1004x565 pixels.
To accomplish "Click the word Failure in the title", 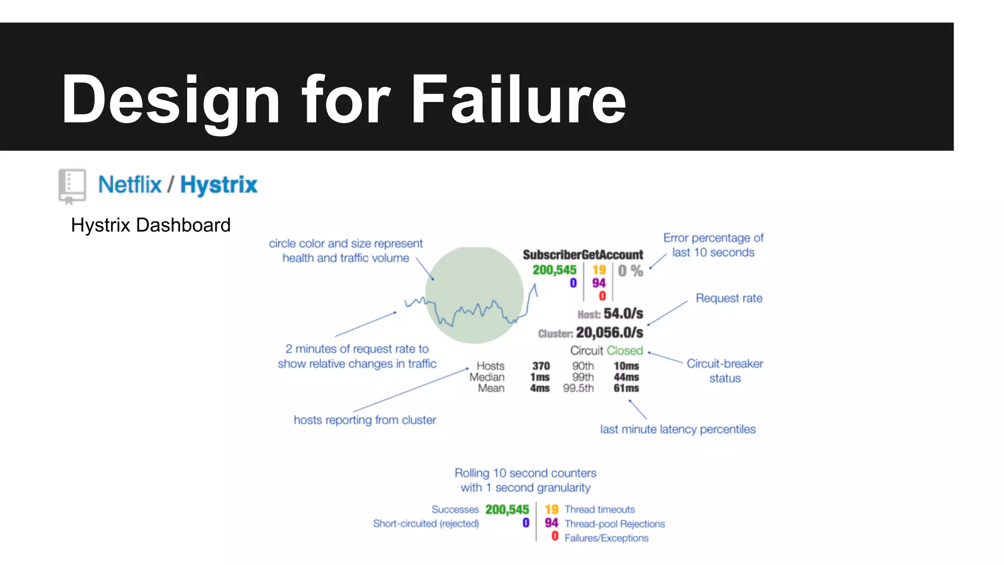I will tap(518, 100).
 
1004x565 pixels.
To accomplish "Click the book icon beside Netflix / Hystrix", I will tap(72, 186).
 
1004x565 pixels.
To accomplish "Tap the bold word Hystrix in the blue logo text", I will tap(219, 185).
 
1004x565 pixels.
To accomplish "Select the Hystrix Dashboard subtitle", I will tap(151, 225).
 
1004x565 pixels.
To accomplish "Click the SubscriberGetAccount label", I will tap(582, 255).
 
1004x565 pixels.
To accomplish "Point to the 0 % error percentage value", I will tap(630, 271).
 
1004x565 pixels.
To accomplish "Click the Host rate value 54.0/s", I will tap(623, 313).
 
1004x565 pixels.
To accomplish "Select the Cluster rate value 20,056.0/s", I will tap(609, 333).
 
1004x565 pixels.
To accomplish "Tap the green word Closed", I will tap(624, 351).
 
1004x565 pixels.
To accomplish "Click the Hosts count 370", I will tap(541, 366).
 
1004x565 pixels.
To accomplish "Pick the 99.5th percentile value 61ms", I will tap(626, 388).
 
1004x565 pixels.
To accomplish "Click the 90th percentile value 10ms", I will tap(626, 366).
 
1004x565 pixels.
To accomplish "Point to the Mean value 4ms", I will tap(539, 388).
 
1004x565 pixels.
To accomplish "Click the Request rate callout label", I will tap(729, 298).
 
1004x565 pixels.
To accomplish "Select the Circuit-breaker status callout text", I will tap(725, 371).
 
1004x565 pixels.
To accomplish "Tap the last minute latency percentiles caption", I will tap(678, 429).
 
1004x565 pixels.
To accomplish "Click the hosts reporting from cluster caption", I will tap(365, 420).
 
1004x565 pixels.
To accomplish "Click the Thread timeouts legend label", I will tap(600, 510).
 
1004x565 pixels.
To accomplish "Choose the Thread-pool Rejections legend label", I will tap(615, 524).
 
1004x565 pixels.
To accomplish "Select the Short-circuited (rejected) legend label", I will tap(426, 523).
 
